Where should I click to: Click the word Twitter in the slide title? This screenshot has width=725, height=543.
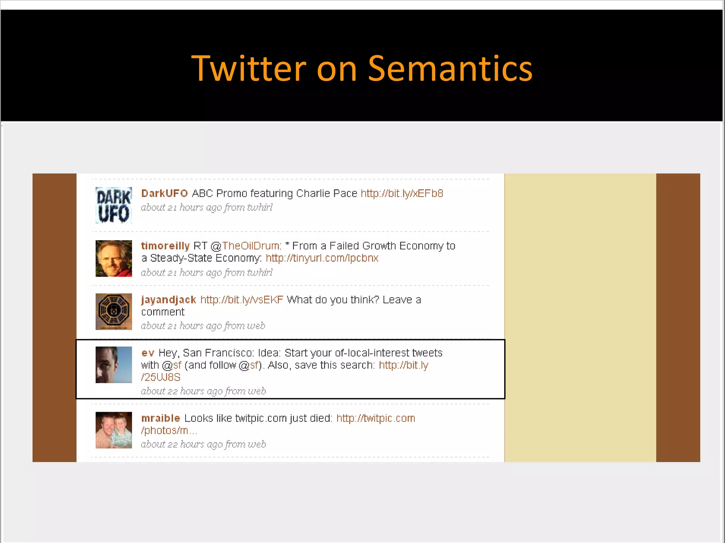point(249,69)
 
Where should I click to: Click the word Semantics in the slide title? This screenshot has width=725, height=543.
point(450,69)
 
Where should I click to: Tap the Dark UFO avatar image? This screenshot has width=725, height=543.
point(114,205)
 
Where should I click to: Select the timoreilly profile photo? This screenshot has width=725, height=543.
point(114,258)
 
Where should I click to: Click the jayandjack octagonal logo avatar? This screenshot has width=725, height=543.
point(114,311)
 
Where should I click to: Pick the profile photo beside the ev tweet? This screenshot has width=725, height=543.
point(114,364)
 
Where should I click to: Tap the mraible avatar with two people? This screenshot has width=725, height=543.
point(114,430)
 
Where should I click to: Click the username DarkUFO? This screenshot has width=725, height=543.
point(164,193)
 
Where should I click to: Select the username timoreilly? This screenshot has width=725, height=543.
point(165,246)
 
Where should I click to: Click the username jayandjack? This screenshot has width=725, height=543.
point(169,300)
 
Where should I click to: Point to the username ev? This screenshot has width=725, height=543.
point(148,353)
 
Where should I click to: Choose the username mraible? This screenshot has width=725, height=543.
point(161,418)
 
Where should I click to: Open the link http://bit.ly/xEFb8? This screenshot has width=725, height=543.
point(402,193)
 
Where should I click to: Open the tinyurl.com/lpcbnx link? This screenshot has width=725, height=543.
point(322,258)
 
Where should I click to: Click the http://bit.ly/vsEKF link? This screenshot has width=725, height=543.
point(242,300)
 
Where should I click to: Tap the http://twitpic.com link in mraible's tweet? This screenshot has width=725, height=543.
point(376,418)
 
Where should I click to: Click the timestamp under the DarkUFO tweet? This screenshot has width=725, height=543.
point(207,208)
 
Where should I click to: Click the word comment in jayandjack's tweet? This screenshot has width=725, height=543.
point(163,312)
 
